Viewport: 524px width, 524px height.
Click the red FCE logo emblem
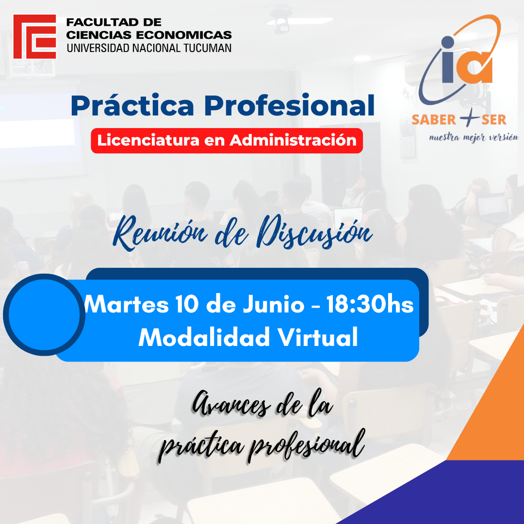tap(35, 36)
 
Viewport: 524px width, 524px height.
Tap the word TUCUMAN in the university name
tap(207, 48)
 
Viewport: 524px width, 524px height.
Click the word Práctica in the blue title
tap(132, 105)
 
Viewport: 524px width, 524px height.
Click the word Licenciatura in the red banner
tap(148, 140)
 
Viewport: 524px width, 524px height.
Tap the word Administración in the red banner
tap(293, 140)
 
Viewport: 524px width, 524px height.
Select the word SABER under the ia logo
tap(434, 120)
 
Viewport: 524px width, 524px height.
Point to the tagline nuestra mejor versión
tap(474, 137)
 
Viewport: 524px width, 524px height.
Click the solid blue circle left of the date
tap(44, 314)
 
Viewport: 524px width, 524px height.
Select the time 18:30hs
tap(370, 304)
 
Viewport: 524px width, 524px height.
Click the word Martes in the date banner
tap(126, 304)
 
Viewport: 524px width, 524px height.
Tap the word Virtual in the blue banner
tap(318, 337)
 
